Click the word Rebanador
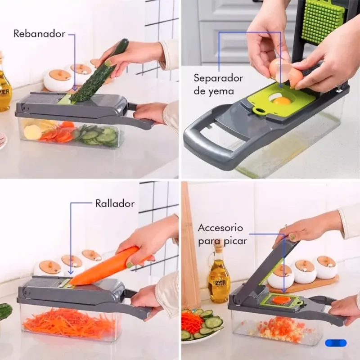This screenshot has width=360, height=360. (x=39, y=34)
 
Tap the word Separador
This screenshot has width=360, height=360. (x=218, y=78)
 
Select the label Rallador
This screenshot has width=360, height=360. (x=115, y=204)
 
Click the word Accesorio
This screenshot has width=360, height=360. (x=220, y=228)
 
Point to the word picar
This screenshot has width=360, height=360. (x=235, y=241)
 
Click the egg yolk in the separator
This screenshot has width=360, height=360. (x=282, y=100)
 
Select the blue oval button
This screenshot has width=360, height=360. (x=336, y=343)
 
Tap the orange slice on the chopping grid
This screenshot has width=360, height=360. (x=278, y=300)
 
